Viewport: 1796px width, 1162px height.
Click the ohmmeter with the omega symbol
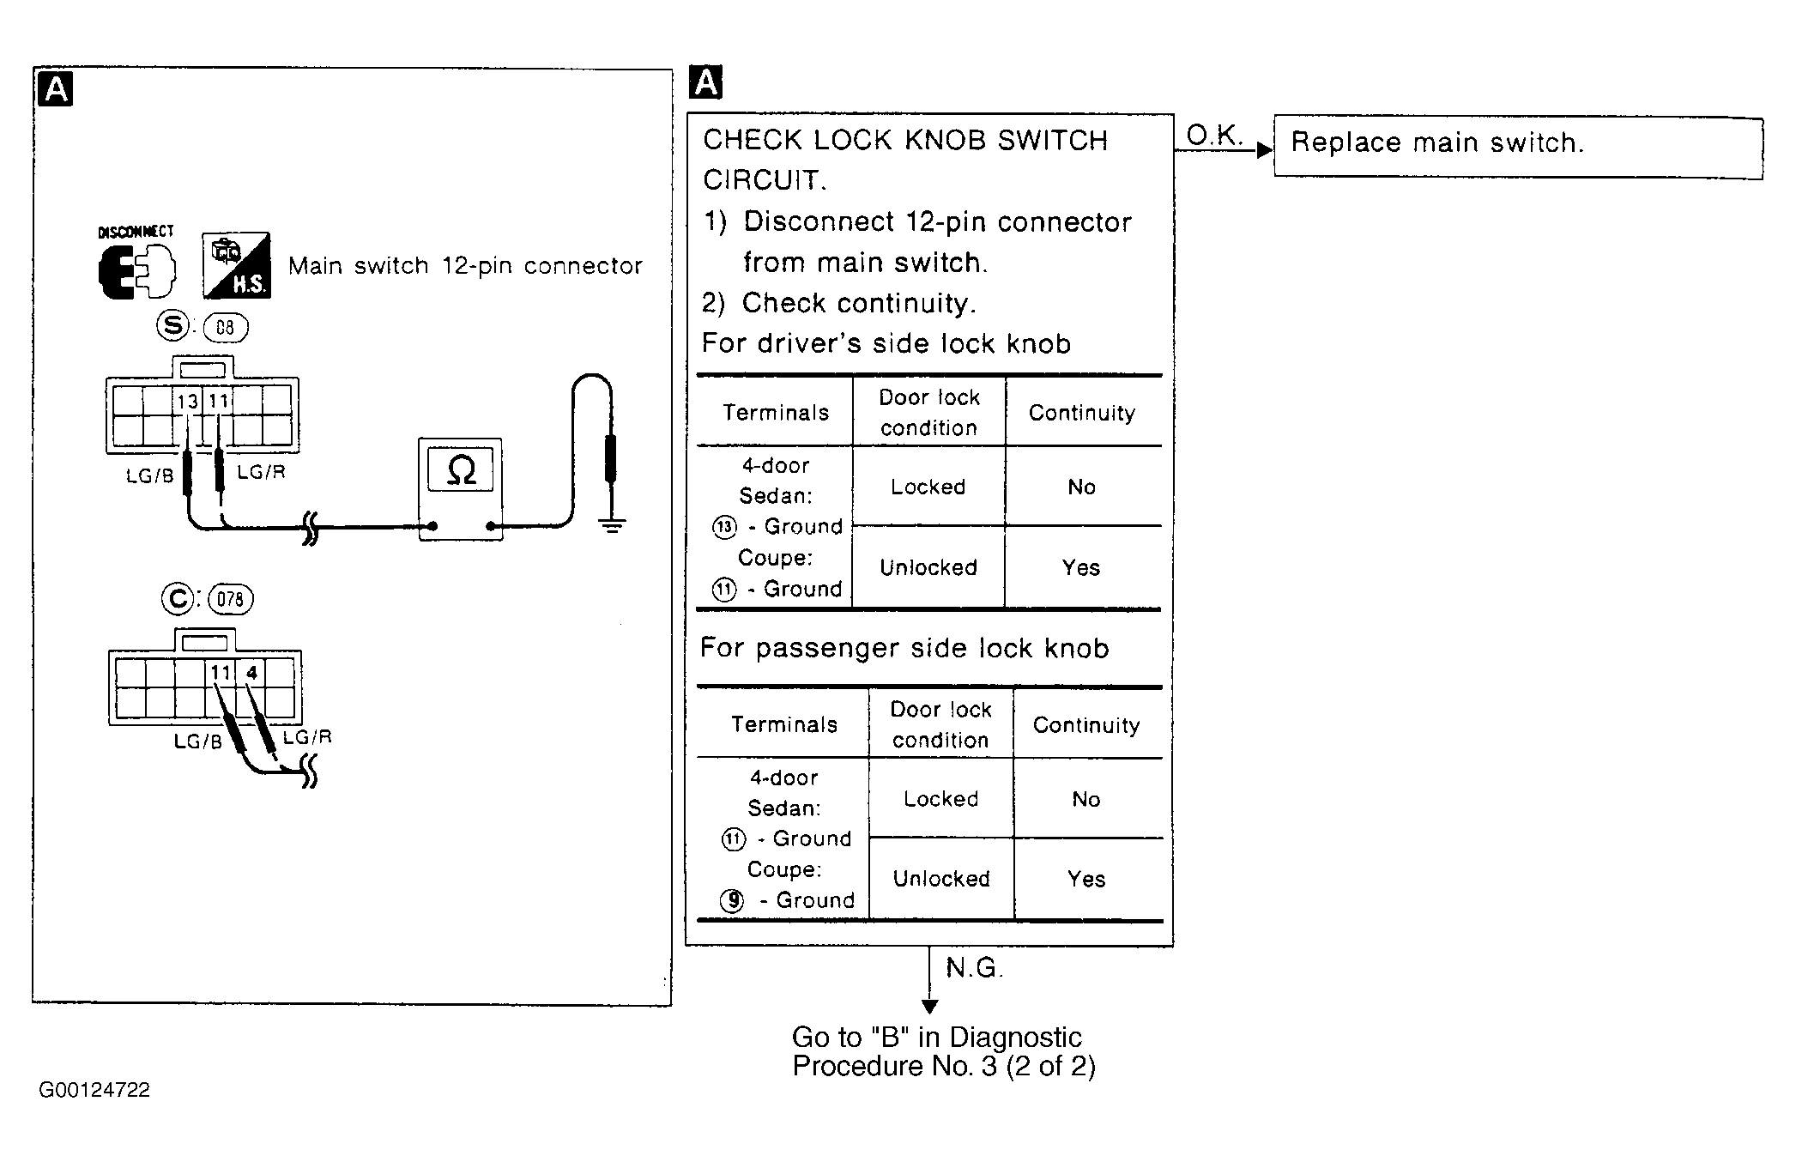[x=460, y=489]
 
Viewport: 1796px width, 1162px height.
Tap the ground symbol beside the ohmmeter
[x=611, y=524]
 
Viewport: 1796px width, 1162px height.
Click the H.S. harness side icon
[x=237, y=265]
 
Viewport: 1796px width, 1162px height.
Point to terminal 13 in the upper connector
[x=187, y=401]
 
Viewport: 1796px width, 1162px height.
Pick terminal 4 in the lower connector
[x=251, y=673]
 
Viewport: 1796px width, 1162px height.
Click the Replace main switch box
[x=1517, y=146]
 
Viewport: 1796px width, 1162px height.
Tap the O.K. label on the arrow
[x=1214, y=134]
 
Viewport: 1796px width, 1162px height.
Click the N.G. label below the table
[x=974, y=968]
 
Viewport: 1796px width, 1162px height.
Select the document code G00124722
[x=94, y=1090]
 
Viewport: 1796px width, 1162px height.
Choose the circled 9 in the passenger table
[x=732, y=900]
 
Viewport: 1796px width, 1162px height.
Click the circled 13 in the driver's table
[x=724, y=527]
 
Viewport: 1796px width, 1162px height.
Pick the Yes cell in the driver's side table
[x=1081, y=567]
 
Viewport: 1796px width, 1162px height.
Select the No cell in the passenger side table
[x=1086, y=799]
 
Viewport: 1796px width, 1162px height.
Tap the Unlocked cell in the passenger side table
[x=941, y=879]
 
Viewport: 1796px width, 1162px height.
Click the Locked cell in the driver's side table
[x=928, y=487]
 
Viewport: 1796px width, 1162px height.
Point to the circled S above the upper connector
[x=173, y=325]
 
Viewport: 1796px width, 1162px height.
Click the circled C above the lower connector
[x=178, y=598]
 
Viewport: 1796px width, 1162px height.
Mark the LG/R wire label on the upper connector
[x=262, y=471]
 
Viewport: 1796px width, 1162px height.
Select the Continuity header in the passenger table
[x=1086, y=725]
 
